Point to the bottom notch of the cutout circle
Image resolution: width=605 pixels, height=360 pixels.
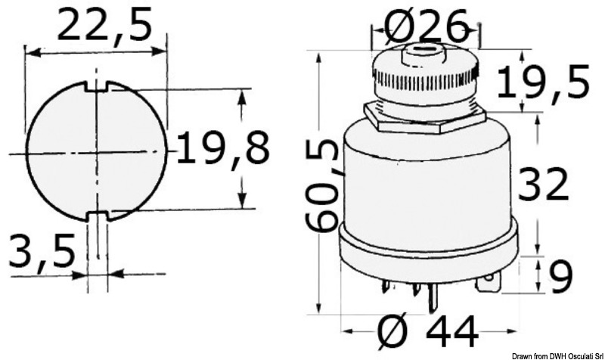[x=98, y=216]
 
